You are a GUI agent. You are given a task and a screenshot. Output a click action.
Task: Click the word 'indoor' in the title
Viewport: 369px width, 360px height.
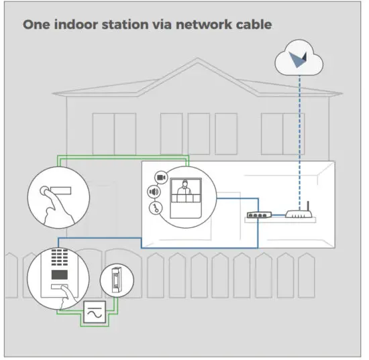click(74, 25)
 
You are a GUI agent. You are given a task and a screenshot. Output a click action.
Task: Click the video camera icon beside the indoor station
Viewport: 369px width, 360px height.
click(160, 177)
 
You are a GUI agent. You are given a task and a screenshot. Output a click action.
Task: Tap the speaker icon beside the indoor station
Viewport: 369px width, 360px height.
click(154, 193)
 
